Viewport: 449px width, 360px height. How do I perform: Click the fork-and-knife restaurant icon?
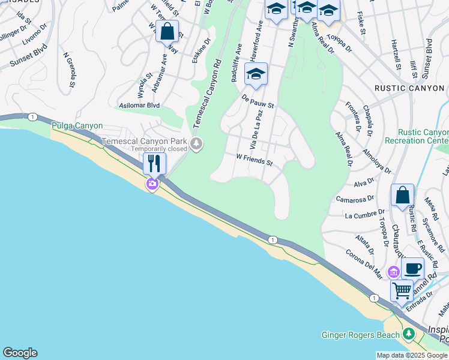click(154, 163)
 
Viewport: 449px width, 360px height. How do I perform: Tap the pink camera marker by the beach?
click(152, 184)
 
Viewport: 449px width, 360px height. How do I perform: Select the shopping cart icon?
click(402, 291)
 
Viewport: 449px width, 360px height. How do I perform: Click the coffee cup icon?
click(412, 268)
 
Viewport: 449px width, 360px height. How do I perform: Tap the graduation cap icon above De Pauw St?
click(256, 74)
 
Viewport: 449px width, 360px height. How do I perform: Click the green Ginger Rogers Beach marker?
click(409, 332)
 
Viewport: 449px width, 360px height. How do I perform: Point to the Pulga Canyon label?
click(77, 126)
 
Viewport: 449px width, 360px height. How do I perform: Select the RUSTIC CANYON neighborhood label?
click(409, 88)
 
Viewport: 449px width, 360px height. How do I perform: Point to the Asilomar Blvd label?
click(139, 105)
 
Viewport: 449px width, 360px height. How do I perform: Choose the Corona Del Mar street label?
click(364, 264)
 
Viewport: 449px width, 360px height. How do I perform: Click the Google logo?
click(20, 353)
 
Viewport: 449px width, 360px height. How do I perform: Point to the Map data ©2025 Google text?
click(412, 355)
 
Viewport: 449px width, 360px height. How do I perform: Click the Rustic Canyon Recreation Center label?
click(423, 136)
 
